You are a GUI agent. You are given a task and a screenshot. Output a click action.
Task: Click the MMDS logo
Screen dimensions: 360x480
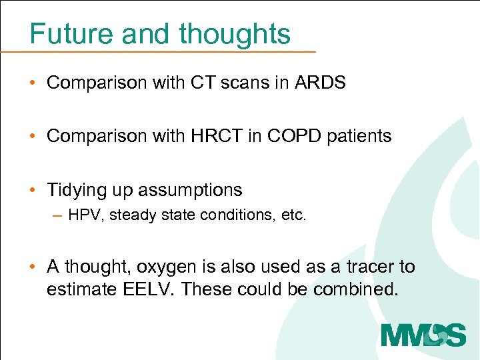(x=423, y=334)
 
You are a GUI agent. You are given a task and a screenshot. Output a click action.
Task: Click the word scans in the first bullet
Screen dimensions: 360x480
(x=251, y=83)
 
